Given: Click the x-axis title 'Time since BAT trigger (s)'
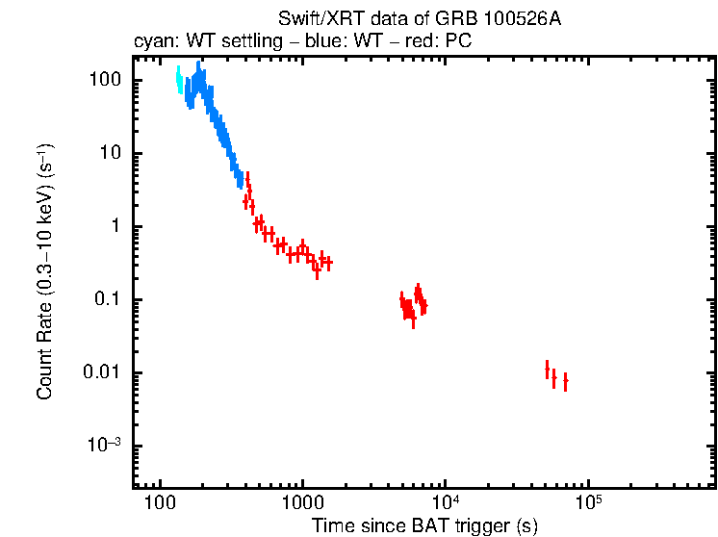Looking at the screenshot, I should (424, 525).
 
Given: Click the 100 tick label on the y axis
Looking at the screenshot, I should (103, 81).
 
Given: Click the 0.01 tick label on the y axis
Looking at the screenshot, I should (100, 373).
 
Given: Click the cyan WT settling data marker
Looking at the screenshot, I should (179, 80).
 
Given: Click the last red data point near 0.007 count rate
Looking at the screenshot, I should (565, 382).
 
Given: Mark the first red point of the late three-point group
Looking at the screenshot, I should (547, 371).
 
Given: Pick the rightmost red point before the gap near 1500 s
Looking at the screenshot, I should (328, 262).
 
